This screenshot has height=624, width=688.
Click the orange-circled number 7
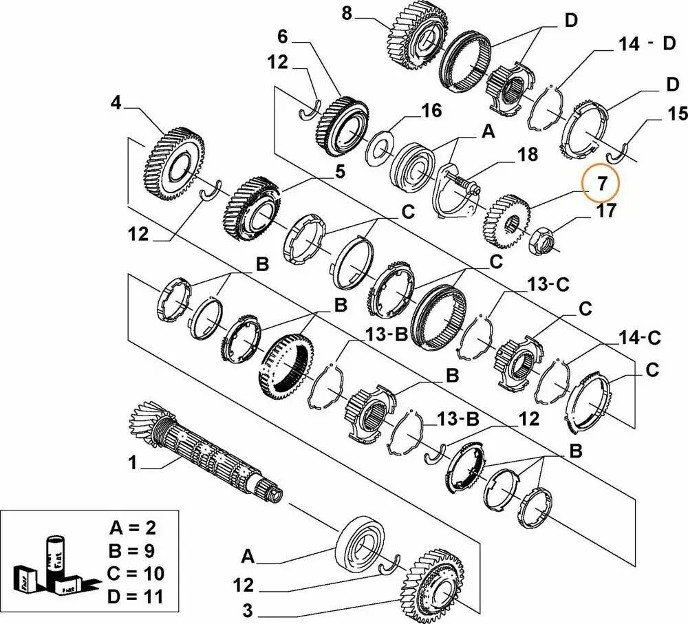click(601, 184)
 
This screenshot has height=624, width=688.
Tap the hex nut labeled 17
click(539, 239)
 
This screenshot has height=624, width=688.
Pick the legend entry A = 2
click(133, 528)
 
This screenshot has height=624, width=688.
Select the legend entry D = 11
click(136, 596)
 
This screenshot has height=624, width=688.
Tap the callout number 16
click(431, 111)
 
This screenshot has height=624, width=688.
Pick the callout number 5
click(340, 172)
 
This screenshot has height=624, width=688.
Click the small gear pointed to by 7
click(506, 219)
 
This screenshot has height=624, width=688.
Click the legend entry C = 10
click(136, 573)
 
